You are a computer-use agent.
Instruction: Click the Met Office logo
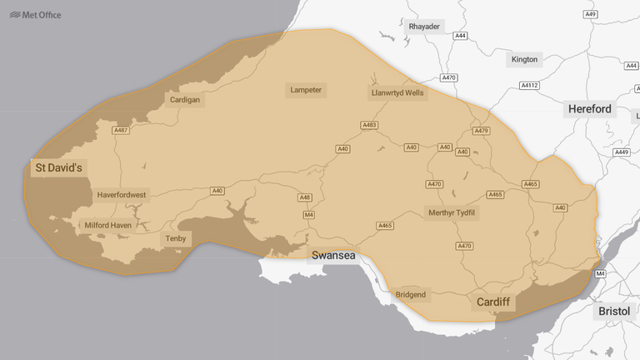pos(35,14)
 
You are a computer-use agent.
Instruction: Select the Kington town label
pos(525,59)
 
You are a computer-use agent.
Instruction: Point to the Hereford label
pos(589,109)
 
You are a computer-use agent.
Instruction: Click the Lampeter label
pos(306,89)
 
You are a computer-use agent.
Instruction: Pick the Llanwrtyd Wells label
pos(397,92)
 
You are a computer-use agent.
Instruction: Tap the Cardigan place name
pos(185,99)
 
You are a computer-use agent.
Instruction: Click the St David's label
pos(58,167)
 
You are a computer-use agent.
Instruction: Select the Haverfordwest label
pos(122,195)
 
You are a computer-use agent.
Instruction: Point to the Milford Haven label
pos(107,225)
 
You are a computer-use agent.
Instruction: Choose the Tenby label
pos(176,238)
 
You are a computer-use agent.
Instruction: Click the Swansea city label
pos(333,254)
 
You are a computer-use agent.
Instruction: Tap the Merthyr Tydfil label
pos(452,212)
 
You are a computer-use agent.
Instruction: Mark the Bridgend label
pos(411,294)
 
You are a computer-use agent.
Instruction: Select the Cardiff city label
pos(492,301)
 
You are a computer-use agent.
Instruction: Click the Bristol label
pos(614,311)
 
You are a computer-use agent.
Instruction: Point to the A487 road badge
pos(122,130)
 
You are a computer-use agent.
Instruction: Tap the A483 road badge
pos(370,125)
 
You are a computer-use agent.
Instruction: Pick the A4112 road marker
pos(529,85)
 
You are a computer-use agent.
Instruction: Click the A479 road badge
pos(481,131)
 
